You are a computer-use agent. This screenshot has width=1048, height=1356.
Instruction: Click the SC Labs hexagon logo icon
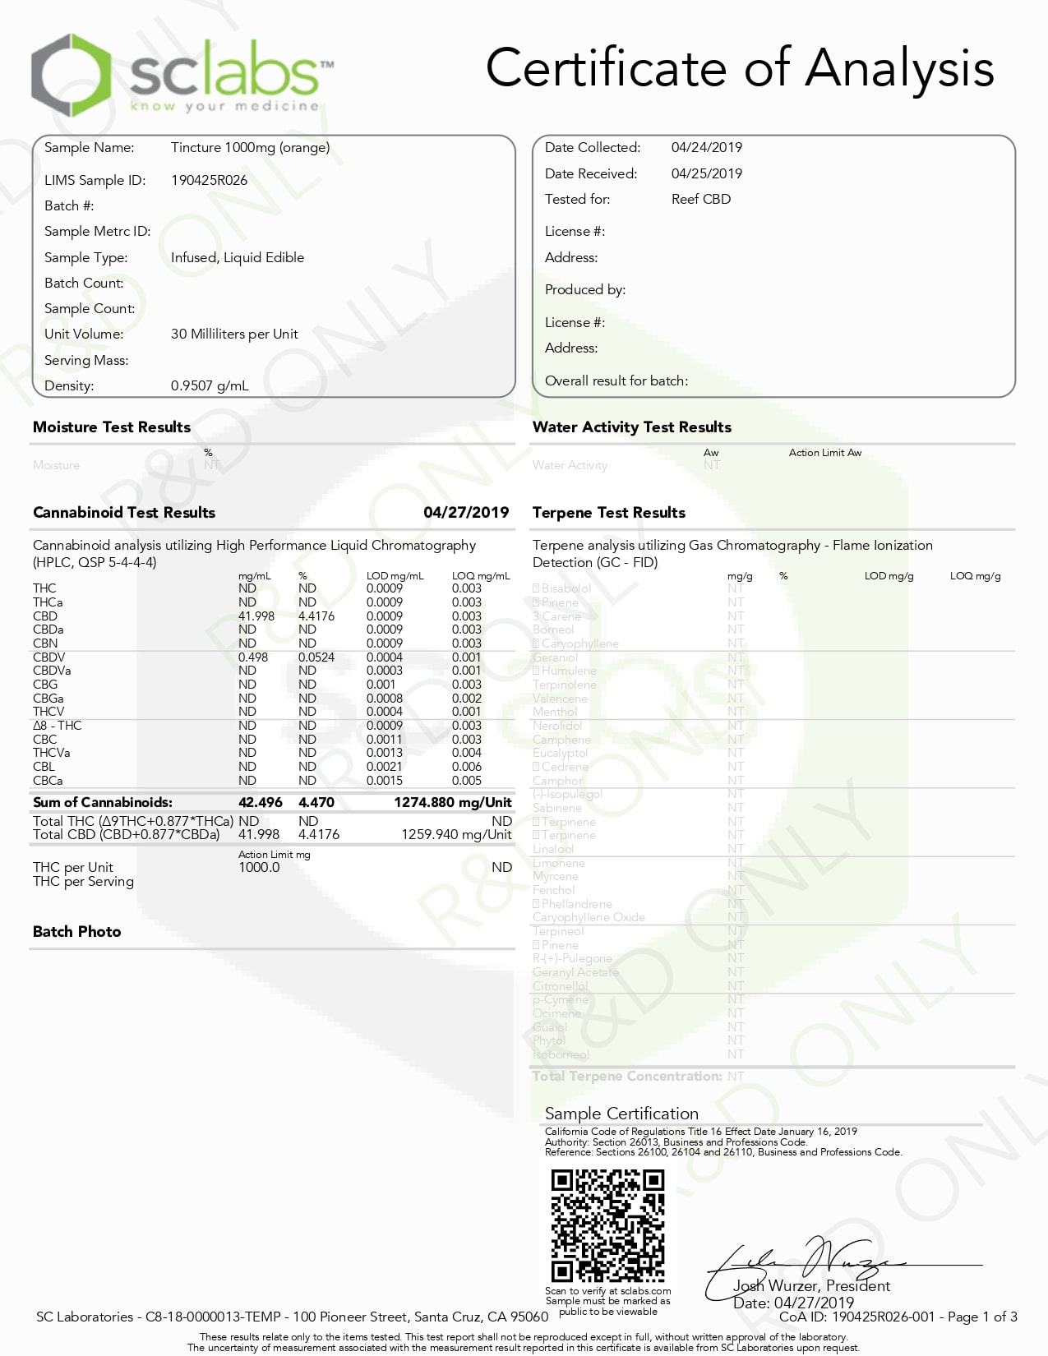(x=71, y=76)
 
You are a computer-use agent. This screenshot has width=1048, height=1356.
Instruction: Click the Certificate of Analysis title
(x=739, y=68)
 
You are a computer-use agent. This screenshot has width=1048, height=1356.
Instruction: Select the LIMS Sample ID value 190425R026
(x=209, y=180)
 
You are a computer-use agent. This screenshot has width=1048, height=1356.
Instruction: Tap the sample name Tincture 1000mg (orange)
(x=250, y=147)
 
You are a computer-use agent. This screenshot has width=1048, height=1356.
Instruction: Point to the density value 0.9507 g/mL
(x=210, y=385)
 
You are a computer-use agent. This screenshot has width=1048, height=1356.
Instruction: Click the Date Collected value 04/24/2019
(x=706, y=147)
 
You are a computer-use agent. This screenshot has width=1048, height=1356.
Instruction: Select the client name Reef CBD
(x=700, y=199)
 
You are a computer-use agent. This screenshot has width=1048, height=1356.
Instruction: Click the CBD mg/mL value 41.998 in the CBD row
(x=256, y=616)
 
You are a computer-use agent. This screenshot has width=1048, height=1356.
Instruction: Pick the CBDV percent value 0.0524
(x=316, y=657)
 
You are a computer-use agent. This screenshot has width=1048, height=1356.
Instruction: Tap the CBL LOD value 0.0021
(x=384, y=766)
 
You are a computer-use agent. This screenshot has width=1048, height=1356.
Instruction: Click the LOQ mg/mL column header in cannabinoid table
(x=480, y=575)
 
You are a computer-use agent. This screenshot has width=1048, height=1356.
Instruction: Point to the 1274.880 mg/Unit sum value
(x=452, y=802)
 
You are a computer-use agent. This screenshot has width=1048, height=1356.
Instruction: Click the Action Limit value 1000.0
(x=259, y=867)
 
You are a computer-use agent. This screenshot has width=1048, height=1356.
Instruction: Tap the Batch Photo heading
(x=76, y=931)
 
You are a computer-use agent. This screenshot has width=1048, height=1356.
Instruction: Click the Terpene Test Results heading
(x=608, y=512)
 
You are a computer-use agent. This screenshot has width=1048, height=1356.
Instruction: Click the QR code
(x=607, y=1225)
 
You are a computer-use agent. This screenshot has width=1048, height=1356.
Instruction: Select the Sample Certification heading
(x=621, y=1113)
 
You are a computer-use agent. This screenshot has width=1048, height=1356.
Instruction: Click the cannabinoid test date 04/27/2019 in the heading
(x=466, y=512)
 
